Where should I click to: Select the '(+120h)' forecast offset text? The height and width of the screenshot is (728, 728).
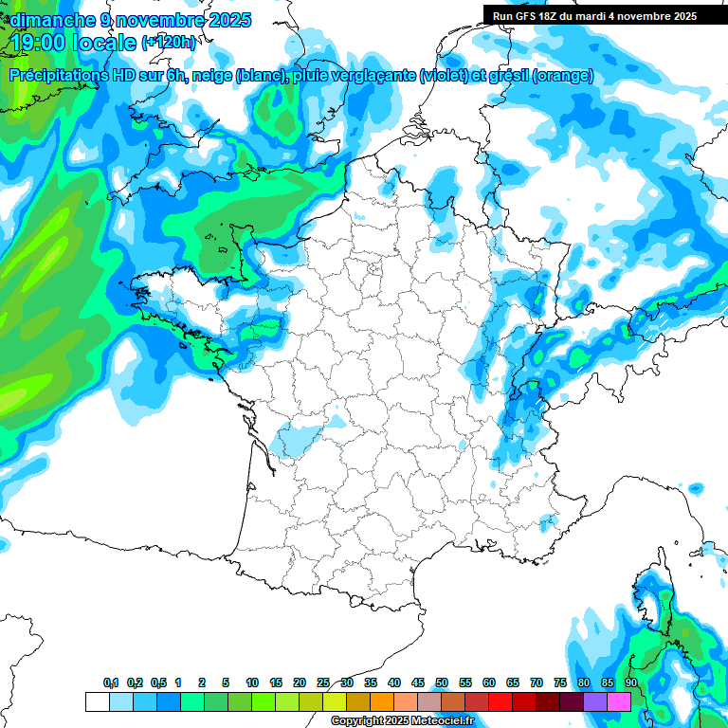(169, 42)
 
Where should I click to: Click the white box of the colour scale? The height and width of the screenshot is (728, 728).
(97, 701)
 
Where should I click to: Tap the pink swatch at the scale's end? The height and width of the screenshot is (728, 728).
(619, 701)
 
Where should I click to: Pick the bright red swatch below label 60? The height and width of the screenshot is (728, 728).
(500, 701)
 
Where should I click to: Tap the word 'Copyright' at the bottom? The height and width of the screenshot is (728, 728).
(356, 721)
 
